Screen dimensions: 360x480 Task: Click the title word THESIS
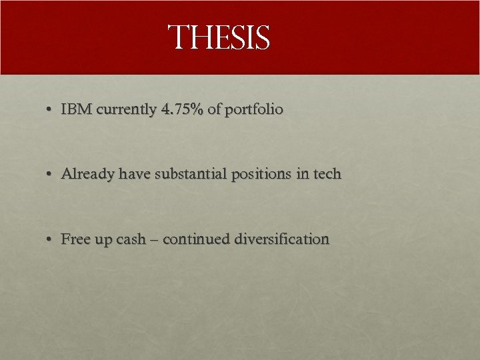click(x=219, y=37)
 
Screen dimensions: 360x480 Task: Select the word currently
click(x=127, y=109)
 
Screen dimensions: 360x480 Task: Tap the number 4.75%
click(x=182, y=109)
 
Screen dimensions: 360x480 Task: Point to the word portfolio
click(x=254, y=109)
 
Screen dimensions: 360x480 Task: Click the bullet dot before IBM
click(x=50, y=109)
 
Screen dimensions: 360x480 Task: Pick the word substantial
click(x=191, y=174)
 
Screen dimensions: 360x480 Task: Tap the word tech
click(x=327, y=174)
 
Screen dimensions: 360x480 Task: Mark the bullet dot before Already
click(x=50, y=175)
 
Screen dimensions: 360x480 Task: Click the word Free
click(x=75, y=239)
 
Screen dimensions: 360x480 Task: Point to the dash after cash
click(x=155, y=239)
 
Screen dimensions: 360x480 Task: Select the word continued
click(x=196, y=239)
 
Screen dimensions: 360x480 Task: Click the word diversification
click(x=282, y=239)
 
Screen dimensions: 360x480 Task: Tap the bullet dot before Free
click(x=50, y=239)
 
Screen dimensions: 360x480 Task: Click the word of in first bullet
click(x=214, y=109)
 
